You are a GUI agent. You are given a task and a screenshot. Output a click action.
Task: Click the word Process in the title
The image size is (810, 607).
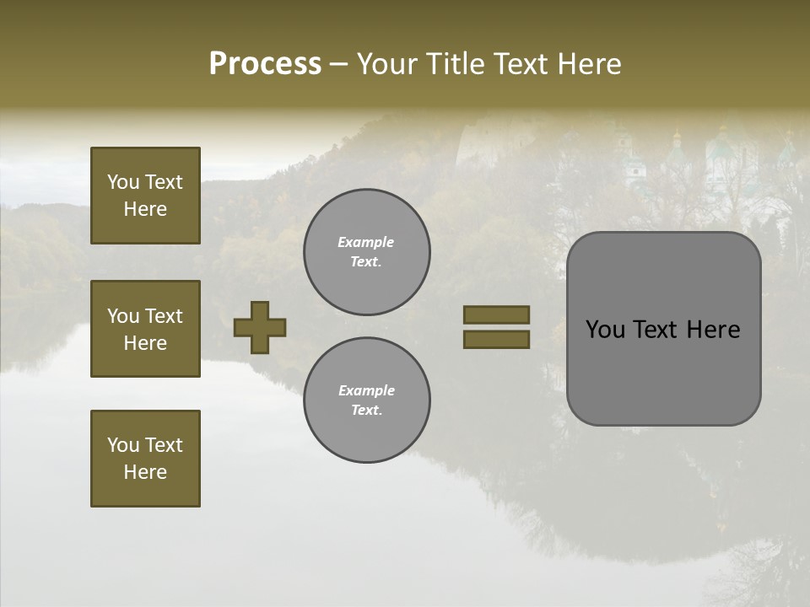tap(265, 64)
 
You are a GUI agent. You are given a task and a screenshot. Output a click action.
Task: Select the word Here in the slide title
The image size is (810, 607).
tap(589, 64)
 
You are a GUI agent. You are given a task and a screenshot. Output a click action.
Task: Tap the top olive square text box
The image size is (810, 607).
tap(145, 196)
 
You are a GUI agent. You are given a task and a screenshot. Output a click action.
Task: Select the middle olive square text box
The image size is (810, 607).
tap(145, 329)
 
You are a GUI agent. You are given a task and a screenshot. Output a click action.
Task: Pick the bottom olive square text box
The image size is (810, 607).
tap(145, 459)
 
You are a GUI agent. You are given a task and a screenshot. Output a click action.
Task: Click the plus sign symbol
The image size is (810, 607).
tap(260, 327)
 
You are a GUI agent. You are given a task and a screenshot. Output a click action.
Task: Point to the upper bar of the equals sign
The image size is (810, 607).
tap(496, 314)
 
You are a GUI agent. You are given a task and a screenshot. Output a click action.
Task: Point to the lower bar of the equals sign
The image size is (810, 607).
tap(496, 339)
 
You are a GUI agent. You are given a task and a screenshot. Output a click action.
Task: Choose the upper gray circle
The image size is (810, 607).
tap(367, 252)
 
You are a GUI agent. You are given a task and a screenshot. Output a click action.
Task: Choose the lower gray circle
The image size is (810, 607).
tap(367, 400)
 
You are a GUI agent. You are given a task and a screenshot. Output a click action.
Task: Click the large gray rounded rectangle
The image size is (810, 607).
tap(663, 329)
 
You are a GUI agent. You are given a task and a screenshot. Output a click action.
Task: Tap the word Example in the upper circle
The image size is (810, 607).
tap(366, 242)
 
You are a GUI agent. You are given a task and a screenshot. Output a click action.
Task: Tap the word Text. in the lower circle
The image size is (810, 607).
tap(366, 411)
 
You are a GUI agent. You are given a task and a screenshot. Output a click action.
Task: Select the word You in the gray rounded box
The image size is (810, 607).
tap(605, 330)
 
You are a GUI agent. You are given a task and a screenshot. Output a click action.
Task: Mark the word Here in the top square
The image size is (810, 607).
tap(145, 209)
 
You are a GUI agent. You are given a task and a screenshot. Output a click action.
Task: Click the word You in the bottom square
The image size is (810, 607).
tap(123, 445)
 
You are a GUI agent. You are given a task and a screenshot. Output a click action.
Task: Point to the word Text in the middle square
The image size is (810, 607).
tap(164, 316)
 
